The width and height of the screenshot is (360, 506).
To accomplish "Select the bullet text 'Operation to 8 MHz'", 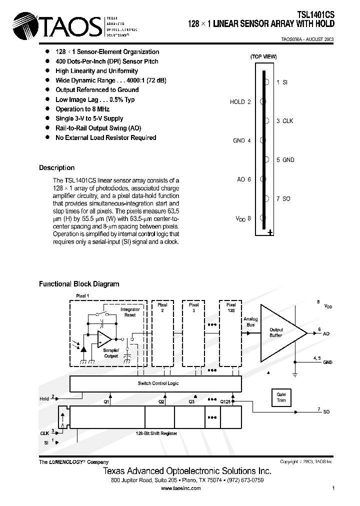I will pyautogui.click(x=82, y=109).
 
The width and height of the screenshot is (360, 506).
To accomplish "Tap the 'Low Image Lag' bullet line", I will pyautogui.click(x=95, y=99).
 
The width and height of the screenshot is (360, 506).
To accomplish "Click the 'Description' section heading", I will pyautogui.click(x=56, y=168).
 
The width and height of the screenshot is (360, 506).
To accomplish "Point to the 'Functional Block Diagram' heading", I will pyautogui.click(x=79, y=284).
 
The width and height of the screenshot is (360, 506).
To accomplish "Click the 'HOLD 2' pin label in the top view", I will pyautogui.click(x=240, y=102).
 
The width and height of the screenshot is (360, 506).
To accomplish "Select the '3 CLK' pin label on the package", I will pyautogui.click(x=284, y=121).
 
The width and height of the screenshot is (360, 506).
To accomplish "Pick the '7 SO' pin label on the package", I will pyautogui.click(x=283, y=199).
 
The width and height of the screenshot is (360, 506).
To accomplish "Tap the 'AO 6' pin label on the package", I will pyautogui.click(x=243, y=179).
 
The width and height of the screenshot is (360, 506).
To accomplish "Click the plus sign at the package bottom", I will pyautogui.click(x=270, y=232).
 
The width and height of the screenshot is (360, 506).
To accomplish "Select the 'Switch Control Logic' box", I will pyautogui.click(x=157, y=383).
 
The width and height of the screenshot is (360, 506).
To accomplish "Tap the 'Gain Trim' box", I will pyautogui.click(x=281, y=397).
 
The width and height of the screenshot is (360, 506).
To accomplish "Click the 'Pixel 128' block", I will pyautogui.click(x=231, y=335).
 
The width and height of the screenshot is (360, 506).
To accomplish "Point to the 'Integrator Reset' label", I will pyautogui.click(x=130, y=312).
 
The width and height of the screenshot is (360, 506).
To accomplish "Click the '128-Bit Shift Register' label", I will pyautogui.click(x=156, y=433).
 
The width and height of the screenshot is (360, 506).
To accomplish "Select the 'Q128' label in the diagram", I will pyautogui.click(x=226, y=401).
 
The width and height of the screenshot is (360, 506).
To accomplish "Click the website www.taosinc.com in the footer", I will pyautogui.click(x=181, y=488).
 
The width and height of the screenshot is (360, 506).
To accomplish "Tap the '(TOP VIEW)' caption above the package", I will pyautogui.click(x=263, y=57).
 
